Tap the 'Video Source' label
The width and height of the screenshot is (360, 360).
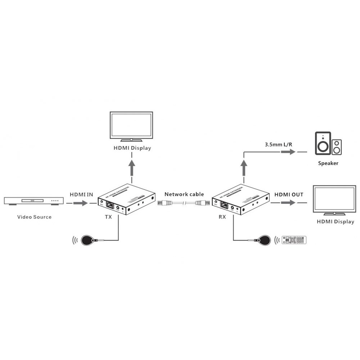[x=35, y=217]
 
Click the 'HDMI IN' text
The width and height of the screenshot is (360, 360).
[x=81, y=194]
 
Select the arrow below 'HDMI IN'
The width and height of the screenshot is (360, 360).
[x=80, y=203]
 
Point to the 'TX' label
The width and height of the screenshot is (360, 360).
[x=108, y=217]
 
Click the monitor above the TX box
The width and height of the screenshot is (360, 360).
[x=132, y=126]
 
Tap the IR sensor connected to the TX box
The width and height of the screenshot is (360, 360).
[x=88, y=240]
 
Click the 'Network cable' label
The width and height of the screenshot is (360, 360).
[x=184, y=194]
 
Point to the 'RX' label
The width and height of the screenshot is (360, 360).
[x=222, y=217]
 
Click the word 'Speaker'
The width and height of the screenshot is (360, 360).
[x=328, y=163]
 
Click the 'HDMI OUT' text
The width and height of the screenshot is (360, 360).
[x=289, y=194]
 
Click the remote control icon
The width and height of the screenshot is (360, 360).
[x=294, y=240]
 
